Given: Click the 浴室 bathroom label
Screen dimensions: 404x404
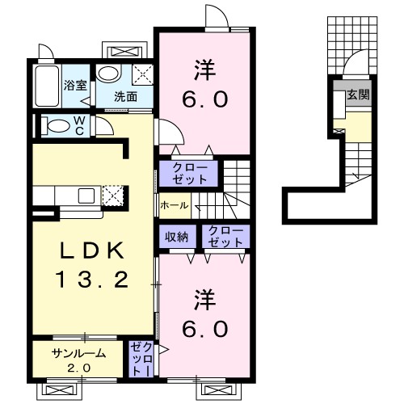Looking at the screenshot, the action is (75, 86).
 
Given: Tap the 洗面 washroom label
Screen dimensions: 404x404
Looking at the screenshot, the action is (126, 96).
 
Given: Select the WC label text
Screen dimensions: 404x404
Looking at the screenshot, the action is (79, 125).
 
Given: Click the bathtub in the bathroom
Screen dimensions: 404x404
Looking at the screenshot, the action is (47, 86).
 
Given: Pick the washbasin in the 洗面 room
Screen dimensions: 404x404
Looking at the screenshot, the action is (108, 74).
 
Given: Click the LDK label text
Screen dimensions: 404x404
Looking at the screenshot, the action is (93, 250).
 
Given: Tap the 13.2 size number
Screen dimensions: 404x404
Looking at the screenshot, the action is (91, 280).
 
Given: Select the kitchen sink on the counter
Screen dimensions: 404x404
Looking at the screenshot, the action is (86, 196).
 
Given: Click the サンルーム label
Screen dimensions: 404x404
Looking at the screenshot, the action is (78, 353).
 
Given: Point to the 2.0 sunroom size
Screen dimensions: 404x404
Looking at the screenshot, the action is (78, 368).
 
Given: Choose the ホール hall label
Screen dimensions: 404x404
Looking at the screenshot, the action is (175, 206).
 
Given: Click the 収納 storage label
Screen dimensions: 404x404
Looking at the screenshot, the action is (177, 237).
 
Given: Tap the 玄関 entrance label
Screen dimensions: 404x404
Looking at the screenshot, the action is (358, 95).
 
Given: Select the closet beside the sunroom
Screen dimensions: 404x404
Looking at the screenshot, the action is (141, 359).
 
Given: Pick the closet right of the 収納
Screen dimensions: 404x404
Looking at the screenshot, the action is (225, 237).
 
